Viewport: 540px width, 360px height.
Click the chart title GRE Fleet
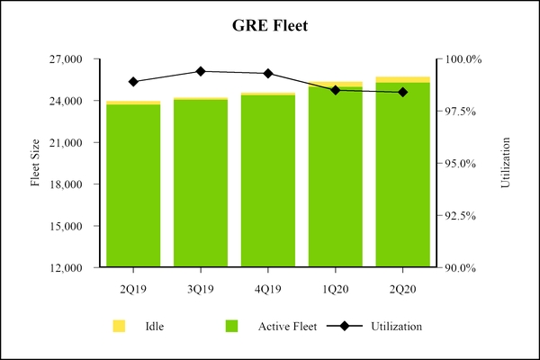coord(270,26)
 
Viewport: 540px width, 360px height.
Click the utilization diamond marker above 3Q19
coord(201,71)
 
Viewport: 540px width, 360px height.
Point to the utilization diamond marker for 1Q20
coord(336,90)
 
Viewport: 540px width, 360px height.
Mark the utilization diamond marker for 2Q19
coord(133,82)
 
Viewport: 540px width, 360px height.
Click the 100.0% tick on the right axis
coord(465,59)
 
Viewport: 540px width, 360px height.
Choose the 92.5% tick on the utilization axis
coord(463,216)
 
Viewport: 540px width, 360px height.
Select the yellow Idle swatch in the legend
coord(119,325)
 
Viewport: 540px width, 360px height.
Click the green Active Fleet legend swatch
coord(231,325)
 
